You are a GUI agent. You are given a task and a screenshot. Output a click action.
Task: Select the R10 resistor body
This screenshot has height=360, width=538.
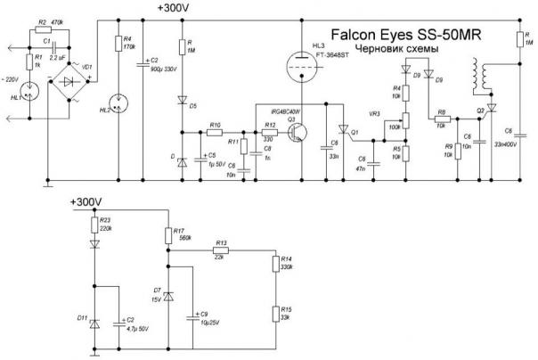pyautogui.click(x=215, y=133)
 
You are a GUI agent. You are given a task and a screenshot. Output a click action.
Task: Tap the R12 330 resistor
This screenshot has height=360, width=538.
pyautogui.click(x=269, y=133)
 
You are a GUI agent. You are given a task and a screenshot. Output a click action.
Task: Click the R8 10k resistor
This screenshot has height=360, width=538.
pyautogui.click(x=440, y=127)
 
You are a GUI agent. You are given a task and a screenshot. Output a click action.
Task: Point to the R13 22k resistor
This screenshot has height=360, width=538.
pyautogui.click(x=219, y=250)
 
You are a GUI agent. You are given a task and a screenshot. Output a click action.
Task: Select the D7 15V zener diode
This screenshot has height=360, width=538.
pyautogui.click(x=168, y=295)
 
